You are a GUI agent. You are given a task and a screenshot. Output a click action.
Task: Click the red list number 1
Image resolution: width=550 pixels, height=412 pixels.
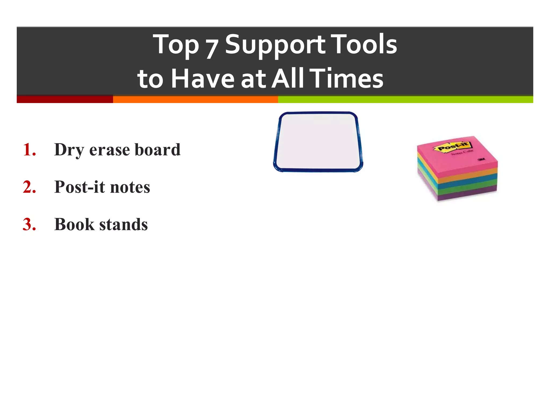tap(29, 150)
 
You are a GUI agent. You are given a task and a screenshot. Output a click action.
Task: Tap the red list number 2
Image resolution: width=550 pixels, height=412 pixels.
tap(29, 187)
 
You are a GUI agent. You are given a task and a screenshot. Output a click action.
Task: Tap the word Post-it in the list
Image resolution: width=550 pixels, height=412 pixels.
tap(79, 187)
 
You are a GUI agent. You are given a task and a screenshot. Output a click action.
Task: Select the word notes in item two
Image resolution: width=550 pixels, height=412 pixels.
tap(130, 187)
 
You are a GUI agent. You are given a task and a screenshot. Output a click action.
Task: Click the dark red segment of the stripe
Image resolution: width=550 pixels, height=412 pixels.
tap(65, 99)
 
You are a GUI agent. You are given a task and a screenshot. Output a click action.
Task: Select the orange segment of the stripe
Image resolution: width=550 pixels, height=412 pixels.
tap(195, 99)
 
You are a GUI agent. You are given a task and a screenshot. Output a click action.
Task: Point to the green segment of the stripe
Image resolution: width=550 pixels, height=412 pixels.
tap(406, 99)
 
